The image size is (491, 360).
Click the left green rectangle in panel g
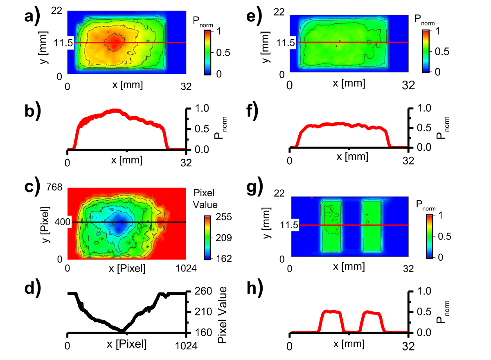point(331,225)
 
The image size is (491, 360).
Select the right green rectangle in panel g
point(372,225)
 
